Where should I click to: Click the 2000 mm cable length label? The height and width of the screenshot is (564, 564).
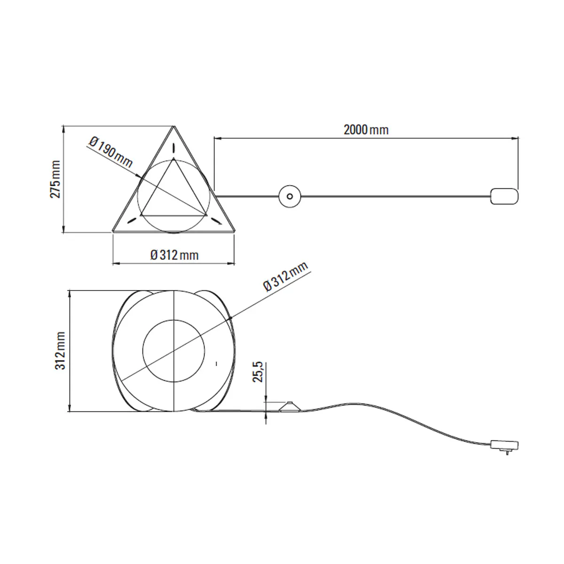366,130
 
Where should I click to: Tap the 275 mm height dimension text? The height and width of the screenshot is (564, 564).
56,179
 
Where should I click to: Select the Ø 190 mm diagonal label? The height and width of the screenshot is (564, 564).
110,153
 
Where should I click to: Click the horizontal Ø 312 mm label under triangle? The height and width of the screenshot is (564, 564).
174,255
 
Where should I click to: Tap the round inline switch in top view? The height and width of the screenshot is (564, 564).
290,196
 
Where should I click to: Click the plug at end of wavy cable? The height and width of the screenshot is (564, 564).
504,444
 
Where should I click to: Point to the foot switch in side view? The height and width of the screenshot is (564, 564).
290,407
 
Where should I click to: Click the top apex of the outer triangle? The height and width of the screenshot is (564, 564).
174,126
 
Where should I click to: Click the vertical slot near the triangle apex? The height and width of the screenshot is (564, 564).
174,147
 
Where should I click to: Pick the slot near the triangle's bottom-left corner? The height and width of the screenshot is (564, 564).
133,219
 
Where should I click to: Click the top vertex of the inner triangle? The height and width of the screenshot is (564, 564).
174,159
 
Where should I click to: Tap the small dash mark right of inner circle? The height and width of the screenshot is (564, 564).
216,363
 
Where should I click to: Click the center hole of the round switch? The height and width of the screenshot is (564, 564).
290,196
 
